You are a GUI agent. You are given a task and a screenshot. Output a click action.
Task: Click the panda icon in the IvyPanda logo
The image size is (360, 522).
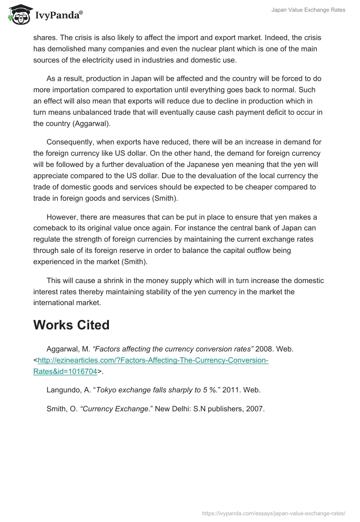click(18, 15)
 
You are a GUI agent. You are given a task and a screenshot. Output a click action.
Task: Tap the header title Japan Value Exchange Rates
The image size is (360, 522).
click(309, 10)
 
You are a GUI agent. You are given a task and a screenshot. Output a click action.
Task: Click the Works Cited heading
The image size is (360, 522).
click(72, 325)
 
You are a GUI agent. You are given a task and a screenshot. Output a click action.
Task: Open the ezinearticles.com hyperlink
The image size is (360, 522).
click(153, 360)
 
